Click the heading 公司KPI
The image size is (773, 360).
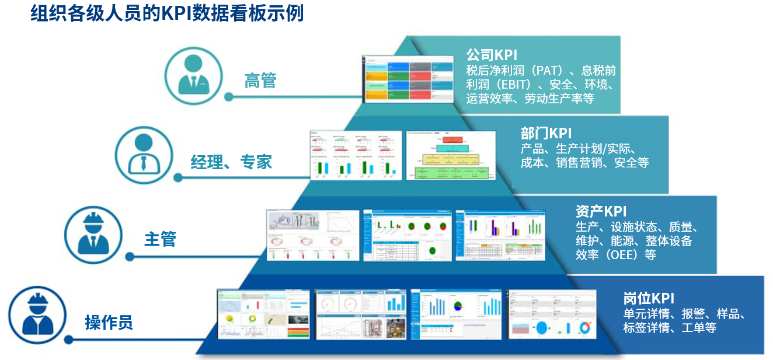click(492, 55)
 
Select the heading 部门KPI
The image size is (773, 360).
click(546, 134)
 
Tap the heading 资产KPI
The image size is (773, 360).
click(601, 211)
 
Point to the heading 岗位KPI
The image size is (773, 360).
click(649, 298)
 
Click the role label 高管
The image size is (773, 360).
click(260, 81)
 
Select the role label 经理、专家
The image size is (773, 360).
click(231, 162)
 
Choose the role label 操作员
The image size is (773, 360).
click(109, 321)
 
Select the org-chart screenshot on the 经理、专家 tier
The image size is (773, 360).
click(451, 155)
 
